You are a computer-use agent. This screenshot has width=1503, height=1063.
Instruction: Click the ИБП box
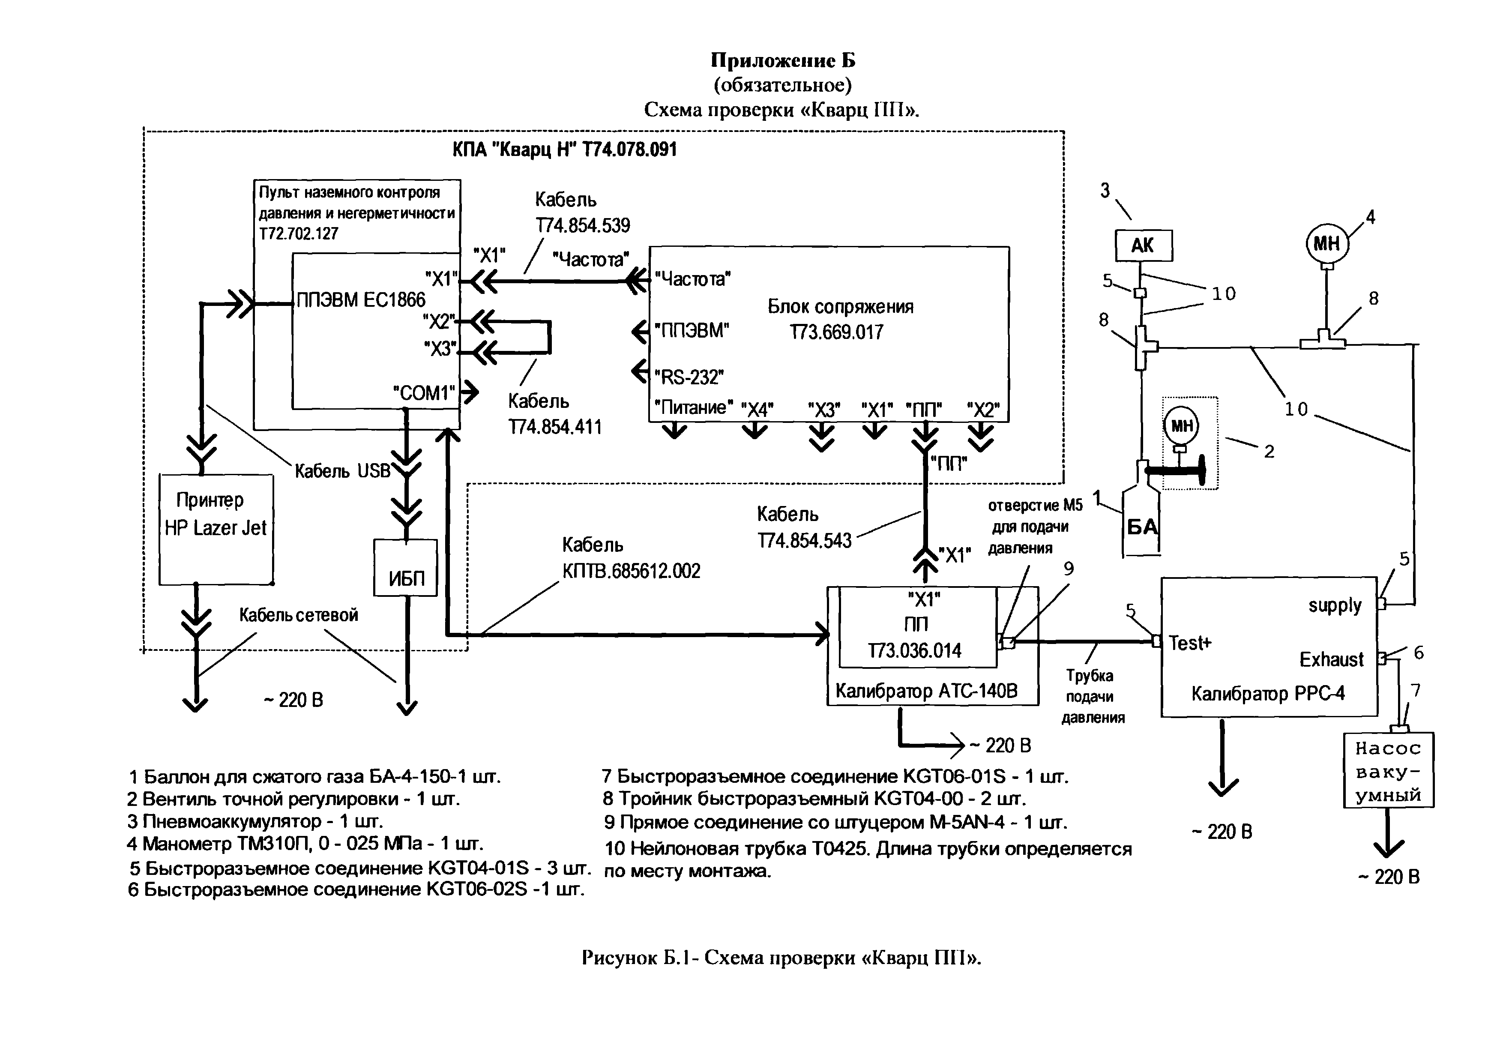click(x=406, y=568)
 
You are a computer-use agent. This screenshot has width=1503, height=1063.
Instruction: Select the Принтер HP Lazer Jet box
click(x=216, y=529)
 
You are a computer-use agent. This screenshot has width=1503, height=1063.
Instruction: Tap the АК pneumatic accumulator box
click(x=1143, y=246)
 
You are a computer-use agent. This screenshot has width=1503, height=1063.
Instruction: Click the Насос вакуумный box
click(x=1388, y=770)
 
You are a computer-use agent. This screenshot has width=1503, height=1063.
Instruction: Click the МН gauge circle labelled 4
click(x=1327, y=244)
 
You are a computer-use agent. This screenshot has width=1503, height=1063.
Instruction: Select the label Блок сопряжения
click(x=841, y=306)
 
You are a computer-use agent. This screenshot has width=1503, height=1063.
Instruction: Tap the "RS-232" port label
click(x=689, y=377)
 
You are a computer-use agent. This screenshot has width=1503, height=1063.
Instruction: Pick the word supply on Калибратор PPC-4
click(x=1335, y=605)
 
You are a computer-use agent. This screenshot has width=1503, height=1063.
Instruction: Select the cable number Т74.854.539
click(x=583, y=226)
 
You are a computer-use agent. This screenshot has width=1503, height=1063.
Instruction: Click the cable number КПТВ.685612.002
click(x=631, y=572)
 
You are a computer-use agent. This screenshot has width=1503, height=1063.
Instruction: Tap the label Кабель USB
click(x=342, y=470)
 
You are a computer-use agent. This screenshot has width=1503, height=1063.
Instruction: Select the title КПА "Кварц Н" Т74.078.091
click(x=564, y=150)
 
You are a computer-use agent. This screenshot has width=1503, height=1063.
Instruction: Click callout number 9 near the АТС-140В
click(x=1068, y=569)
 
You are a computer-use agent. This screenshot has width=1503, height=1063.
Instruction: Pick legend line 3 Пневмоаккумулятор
click(x=254, y=821)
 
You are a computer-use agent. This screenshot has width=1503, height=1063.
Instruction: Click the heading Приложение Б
click(x=783, y=60)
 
